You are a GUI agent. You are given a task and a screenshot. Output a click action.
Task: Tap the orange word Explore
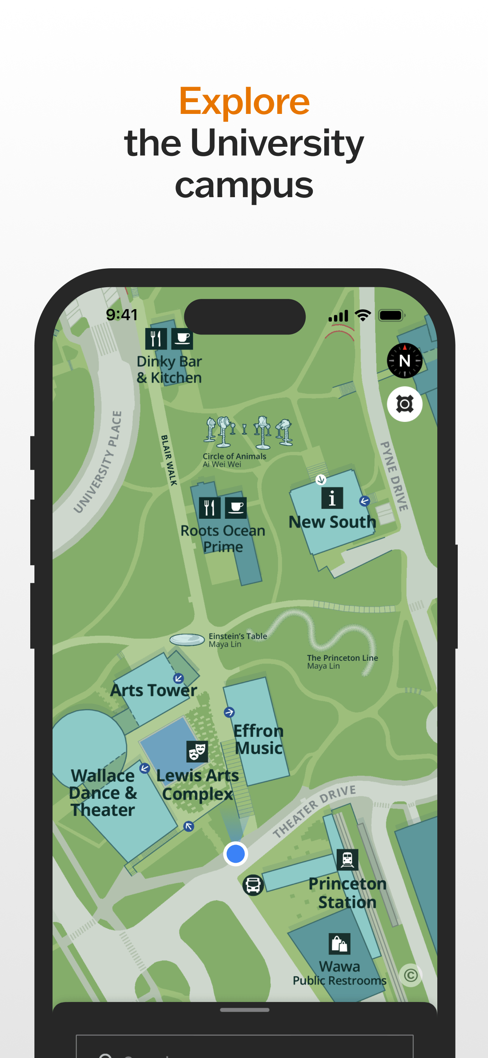[x=244, y=101]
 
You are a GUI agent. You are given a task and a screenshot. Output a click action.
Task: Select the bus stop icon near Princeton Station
[x=253, y=885]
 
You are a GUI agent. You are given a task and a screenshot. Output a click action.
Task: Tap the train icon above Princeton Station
[x=347, y=860]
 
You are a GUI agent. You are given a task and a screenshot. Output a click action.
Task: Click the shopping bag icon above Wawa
[x=339, y=943]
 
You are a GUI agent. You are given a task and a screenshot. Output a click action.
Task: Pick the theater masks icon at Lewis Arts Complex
[x=197, y=751]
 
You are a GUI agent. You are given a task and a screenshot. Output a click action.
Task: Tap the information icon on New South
[x=332, y=498]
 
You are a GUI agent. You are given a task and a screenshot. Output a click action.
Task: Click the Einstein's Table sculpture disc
[x=187, y=639]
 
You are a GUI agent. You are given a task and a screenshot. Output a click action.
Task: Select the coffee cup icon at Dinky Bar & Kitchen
[x=182, y=338]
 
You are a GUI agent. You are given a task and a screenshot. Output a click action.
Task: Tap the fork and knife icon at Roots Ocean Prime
[x=210, y=508]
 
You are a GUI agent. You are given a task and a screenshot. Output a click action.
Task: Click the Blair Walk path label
[x=169, y=460]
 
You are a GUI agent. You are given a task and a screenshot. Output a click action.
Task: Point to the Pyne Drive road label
[x=394, y=476]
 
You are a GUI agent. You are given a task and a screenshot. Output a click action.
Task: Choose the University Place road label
[x=98, y=462]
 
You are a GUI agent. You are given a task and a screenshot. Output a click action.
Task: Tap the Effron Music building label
[x=258, y=739]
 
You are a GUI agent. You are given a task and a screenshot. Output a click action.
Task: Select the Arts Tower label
[x=154, y=691]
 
